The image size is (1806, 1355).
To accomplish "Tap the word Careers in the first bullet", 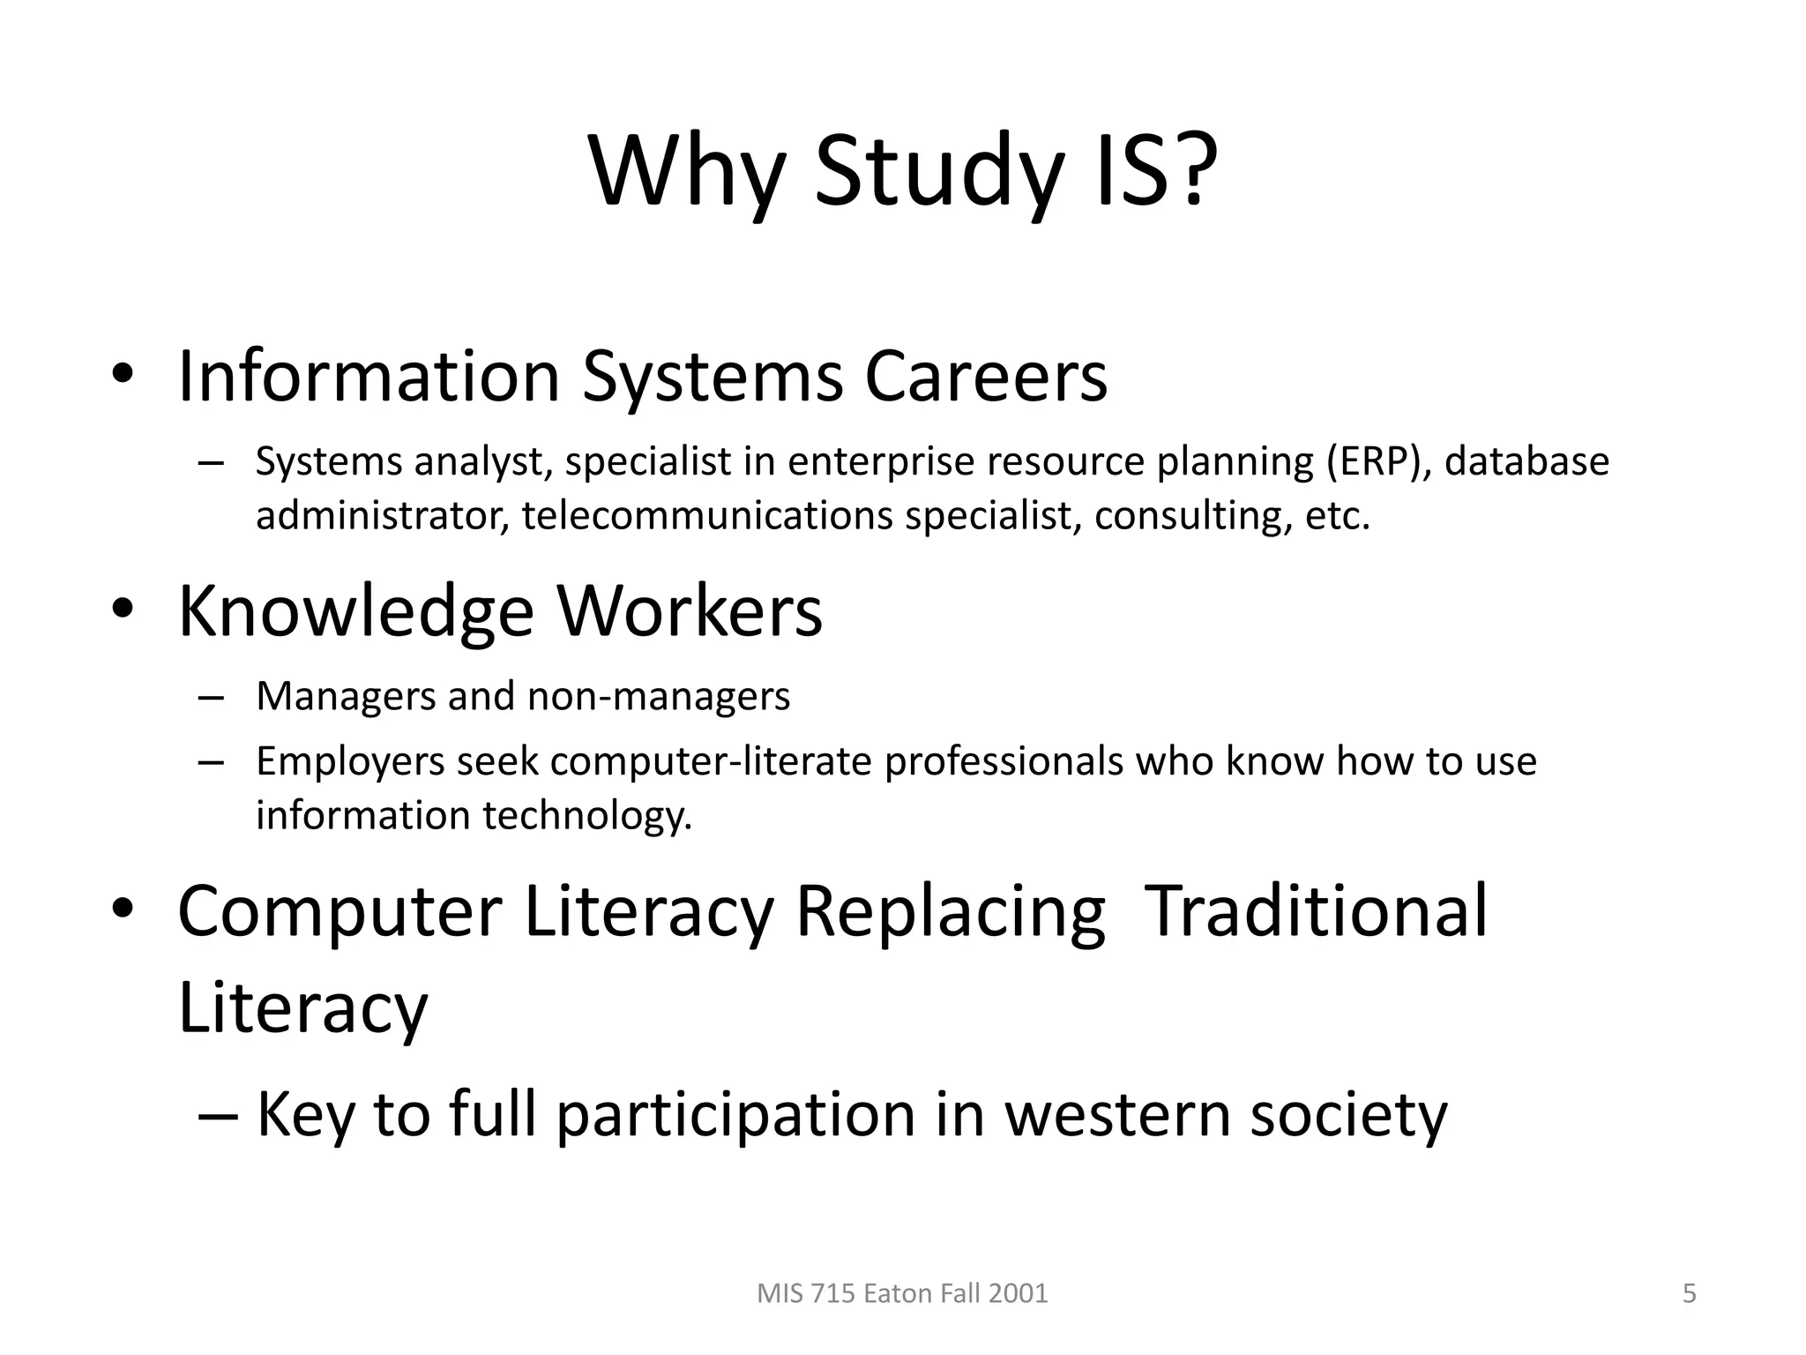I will pyautogui.click(x=985, y=377).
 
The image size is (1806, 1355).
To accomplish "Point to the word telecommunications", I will pyautogui.click(x=707, y=515).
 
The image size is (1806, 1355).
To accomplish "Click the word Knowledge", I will pyautogui.click(x=356, y=612).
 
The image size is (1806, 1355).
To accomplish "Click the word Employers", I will pyautogui.click(x=350, y=762).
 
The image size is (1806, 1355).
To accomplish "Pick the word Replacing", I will pyautogui.click(x=950, y=913).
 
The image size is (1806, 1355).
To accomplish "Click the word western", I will pyautogui.click(x=1117, y=1114).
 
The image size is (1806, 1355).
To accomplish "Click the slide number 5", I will pyautogui.click(x=1690, y=1293).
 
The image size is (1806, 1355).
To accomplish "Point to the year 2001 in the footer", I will pyautogui.click(x=1018, y=1293).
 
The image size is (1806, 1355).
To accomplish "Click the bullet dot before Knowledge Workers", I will pyautogui.click(x=123, y=609).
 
